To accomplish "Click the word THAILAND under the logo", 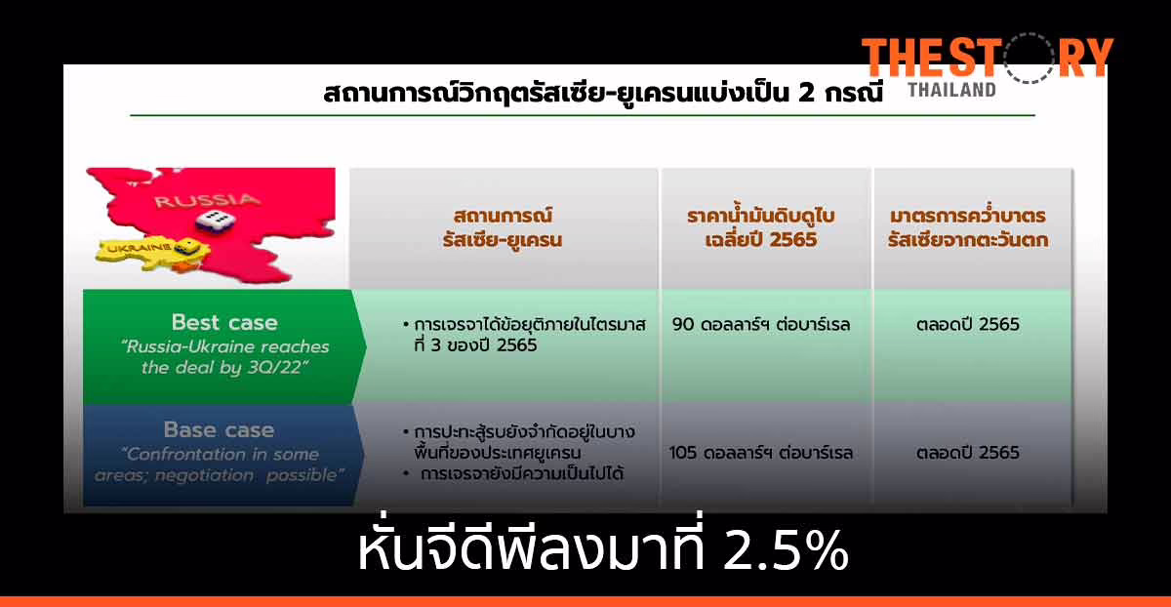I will tap(951, 90).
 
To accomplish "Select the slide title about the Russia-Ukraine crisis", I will tap(603, 95).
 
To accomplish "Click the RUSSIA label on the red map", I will tap(195, 201).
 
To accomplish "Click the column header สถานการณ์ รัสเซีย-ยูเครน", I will tap(508, 227).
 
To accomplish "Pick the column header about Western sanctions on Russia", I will tap(968, 227).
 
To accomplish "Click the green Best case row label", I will tap(223, 323).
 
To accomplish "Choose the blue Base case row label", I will tap(219, 430).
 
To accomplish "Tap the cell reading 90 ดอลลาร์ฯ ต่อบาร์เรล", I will tap(762, 324).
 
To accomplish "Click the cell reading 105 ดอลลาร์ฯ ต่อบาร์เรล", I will tap(761, 453).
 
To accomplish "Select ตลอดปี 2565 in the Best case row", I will tap(968, 324).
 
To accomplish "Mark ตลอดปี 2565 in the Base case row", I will tap(968, 453).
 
